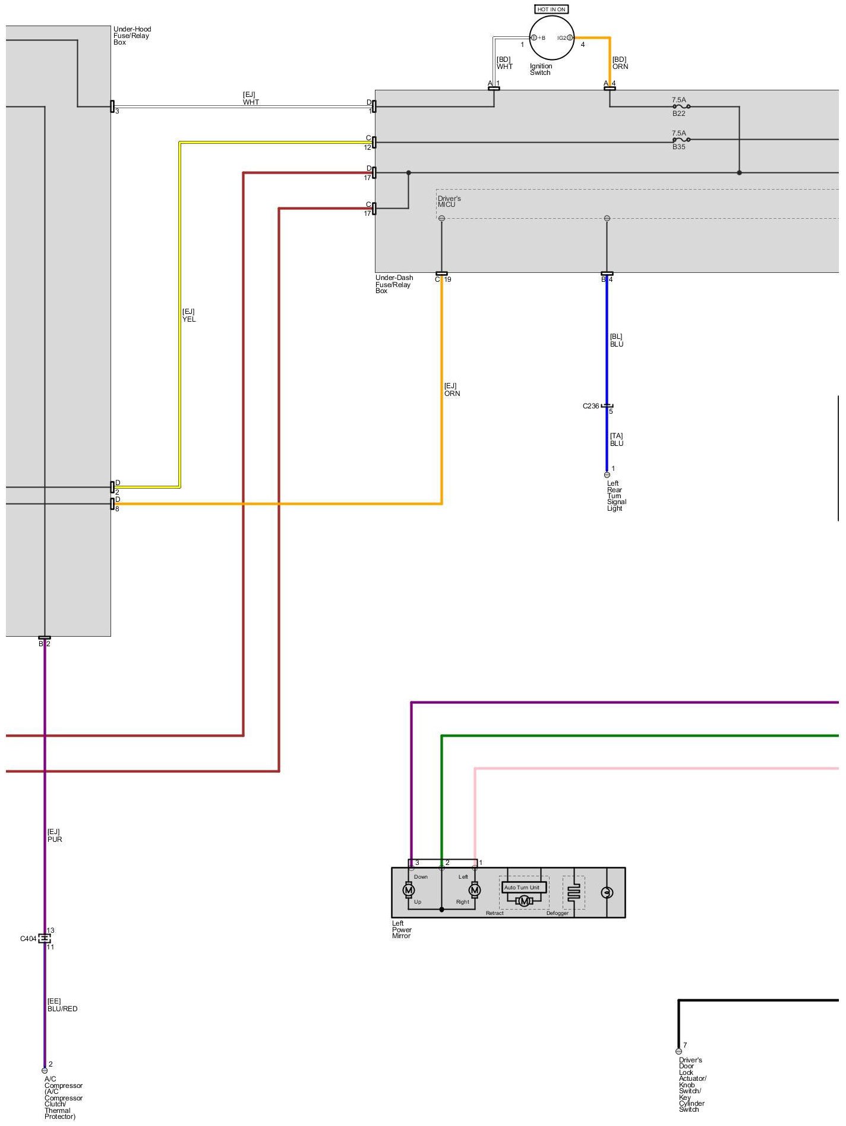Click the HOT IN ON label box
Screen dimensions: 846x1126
pyautogui.click(x=551, y=10)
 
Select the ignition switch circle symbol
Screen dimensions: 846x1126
pyautogui.click(x=551, y=37)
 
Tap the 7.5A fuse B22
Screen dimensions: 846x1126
pyautogui.click(x=681, y=107)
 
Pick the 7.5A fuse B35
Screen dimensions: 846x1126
pyautogui.click(x=681, y=140)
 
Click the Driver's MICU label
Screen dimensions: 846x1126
pyautogui.click(x=449, y=202)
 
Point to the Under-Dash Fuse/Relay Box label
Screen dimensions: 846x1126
pyautogui.click(x=394, y=284)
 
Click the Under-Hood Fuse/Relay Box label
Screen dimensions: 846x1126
pyautogui.click(x=132, y=36)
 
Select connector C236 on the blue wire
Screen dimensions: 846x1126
pyautogui.click(x=607, y=406)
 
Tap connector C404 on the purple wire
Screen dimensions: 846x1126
pyautogui.click(x=45, y=938)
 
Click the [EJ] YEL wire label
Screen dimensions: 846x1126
pyautogui.click(x=188, y=315)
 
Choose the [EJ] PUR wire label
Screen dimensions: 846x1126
pyautogui.click(x=54, y=835)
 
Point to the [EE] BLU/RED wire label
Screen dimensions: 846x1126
pyautogui.click(x=62, y=1005)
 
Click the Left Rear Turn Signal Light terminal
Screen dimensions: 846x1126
pyautogui.click(x=607, y=475)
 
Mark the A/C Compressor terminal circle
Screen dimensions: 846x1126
pyautogui.click(x=45, y=1071)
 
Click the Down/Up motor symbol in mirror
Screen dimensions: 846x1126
pyautogui.click(x=409, y=890)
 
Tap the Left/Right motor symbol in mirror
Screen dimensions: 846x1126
pyautogui.click(x=475, y=890)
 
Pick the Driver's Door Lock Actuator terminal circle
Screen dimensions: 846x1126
pyautogui.click(x=678, y=1051)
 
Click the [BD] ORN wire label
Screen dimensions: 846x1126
pyautogui.click(x=620, y=63)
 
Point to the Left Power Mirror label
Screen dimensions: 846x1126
pyautogui.click(x=402, y=930)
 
